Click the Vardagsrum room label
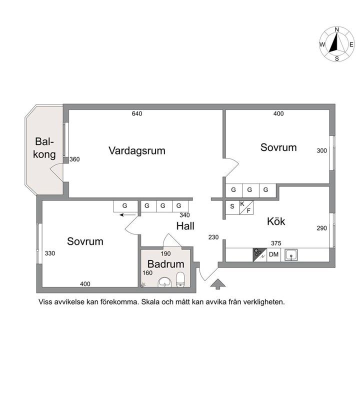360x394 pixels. tap(136, 150)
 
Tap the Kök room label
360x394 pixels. tap(276, 221)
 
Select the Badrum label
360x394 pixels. tap(165, 264)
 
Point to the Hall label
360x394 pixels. tap(185, 226)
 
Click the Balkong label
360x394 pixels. tap(44, 148)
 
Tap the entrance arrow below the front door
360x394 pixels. tap(217, 284)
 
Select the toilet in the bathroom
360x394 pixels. tap(181, 281)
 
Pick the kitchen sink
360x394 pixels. tap(291, 255)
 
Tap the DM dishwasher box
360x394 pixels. tap(273, 255)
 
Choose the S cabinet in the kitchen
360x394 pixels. tap(232, 206)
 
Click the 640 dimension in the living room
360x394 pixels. tap(137, 113)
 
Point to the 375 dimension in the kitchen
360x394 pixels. tap(275, 243)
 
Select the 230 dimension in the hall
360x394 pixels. tap(213, 237)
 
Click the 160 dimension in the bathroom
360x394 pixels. tap(147, 273)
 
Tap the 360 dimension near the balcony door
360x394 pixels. tap(74, 159)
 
